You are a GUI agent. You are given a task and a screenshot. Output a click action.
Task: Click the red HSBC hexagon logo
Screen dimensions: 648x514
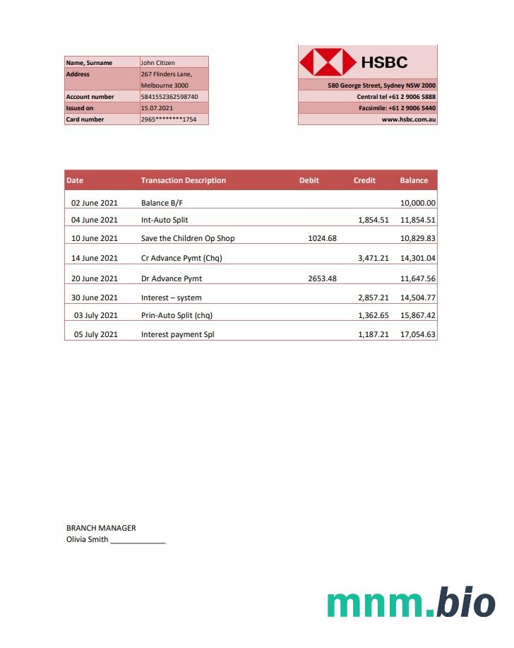pyautogui.click(x=328, y=62)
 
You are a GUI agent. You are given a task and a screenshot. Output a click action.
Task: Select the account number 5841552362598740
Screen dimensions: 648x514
pyautogui.click(x=169, y=97)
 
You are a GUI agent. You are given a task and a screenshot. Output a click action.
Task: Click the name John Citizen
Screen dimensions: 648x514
pyautogui.click(x=158, y=63)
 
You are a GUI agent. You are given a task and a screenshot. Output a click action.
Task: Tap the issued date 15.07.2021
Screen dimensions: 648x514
pyautogui.click(x=157, y=108)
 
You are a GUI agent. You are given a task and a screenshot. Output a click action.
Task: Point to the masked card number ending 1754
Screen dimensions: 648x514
pyautogui.click(x=169, y=119)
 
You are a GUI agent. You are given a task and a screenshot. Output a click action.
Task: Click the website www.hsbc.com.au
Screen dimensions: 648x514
pyautogui.click(x=409, y=119)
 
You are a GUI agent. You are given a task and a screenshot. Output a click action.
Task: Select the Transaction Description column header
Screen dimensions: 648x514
pyautogui.click(x=184, y=180)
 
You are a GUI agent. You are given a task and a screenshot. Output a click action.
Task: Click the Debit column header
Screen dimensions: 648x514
pyautogui.click(x=309, y=180)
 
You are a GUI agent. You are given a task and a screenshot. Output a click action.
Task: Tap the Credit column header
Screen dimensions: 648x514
pyautogui.click(x=364, y=180)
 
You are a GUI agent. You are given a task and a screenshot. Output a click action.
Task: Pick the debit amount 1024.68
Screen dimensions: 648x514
pyautogui.click(x=323, y=238)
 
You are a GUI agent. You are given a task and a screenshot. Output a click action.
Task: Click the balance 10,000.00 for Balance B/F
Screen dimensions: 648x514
pyautogui.click(x=418, y=203)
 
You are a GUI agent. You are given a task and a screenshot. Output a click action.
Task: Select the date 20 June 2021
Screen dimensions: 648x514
pyautogui.click(x=95, y=278)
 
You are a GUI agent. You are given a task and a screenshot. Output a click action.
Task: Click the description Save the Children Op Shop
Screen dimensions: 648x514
pyautogui.click(x=188, y=238)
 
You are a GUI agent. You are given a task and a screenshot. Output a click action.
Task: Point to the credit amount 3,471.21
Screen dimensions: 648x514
pyautogui.click(x=373, y=258)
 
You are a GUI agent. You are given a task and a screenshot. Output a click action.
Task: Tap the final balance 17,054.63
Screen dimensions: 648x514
pyautogui.click(x=418, y=334)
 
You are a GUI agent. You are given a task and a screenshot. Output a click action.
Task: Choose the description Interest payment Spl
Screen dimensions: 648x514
pyautogui.click(x=177, y=334)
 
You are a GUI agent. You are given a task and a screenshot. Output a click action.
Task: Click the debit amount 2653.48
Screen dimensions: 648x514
pyautogui.click(x=323, y=278)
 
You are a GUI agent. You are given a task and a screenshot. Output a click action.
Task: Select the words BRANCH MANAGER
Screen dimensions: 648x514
pyautogui.click(x=101, y=528)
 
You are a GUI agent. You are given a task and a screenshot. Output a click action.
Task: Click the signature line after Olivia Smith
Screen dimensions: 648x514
pyautogui.click(x=138, y=541)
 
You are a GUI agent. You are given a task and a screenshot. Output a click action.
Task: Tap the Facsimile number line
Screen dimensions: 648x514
pyautogui.click(x=397, y=108)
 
